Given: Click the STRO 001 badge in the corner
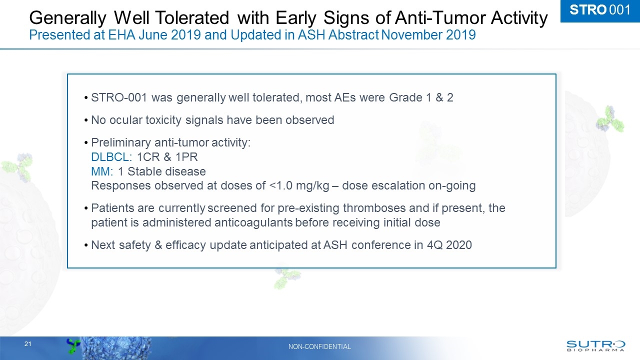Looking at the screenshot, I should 600,10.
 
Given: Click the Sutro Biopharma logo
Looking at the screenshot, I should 595,345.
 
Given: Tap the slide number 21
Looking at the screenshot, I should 28,344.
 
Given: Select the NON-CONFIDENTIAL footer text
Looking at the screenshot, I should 319,346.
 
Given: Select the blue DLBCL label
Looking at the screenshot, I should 109,157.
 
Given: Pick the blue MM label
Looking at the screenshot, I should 101,171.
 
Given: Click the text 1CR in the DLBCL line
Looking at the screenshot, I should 147,157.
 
